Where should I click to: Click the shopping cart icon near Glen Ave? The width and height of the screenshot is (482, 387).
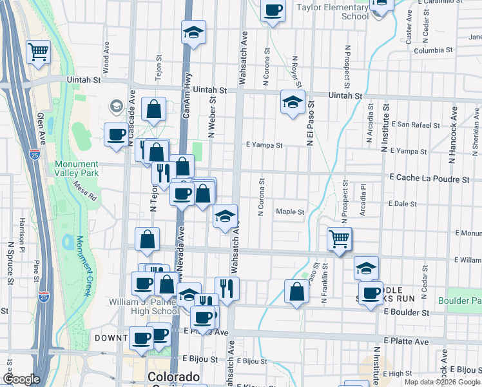pyautogui.click(x=38, y=52)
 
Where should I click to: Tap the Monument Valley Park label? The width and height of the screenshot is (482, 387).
pyautogui.click(x=77, y=168)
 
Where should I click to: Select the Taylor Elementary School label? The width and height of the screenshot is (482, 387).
pyautogui.click(x=333, y=12)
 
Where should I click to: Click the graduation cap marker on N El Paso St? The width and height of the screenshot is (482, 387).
pyautogui.click(x=293, y=102)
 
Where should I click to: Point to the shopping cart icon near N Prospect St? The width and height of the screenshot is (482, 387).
pyautogui.click(x=339, y=239)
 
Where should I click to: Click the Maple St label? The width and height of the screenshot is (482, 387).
pyautogui.click(x=290, y=212)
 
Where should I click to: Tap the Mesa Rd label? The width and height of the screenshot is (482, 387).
pyautogui.click(x=84, y=191)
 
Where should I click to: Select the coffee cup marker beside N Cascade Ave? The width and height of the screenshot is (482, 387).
pyautogui.click(x=116, y=135)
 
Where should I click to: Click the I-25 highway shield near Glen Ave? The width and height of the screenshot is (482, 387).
pyautogui.click(x=34, y=154)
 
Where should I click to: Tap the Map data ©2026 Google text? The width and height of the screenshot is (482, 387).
pyautogui.click(x=442, y=382)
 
